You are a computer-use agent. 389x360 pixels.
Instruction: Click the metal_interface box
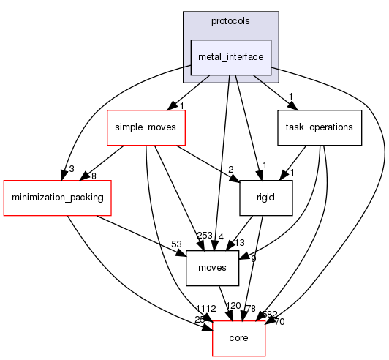pos(231,57)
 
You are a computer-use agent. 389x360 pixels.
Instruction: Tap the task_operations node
pos(320,127)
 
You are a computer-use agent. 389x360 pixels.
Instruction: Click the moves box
pos(213,268)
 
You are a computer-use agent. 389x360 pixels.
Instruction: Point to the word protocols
pos(231,21)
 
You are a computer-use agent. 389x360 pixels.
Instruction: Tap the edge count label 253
pos(205,235)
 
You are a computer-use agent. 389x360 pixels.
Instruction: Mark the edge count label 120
pos(233,306)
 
